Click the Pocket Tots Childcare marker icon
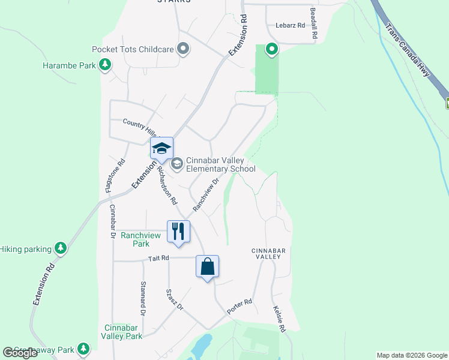pos(184,49)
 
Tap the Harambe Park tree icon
pos(106,65)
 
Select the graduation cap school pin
pos(161,148)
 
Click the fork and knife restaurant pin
pos(178,231)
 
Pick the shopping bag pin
pos(207,266)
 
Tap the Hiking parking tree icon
pos(60,248)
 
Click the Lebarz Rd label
pos(291,25)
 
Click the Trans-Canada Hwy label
pos(408,50)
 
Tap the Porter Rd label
pos(240,307)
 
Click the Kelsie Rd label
pos(279,319)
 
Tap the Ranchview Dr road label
pos(204,193)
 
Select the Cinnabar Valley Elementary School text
pos(221,164)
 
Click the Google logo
pos(20,353)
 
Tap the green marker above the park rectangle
pos(271,49)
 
